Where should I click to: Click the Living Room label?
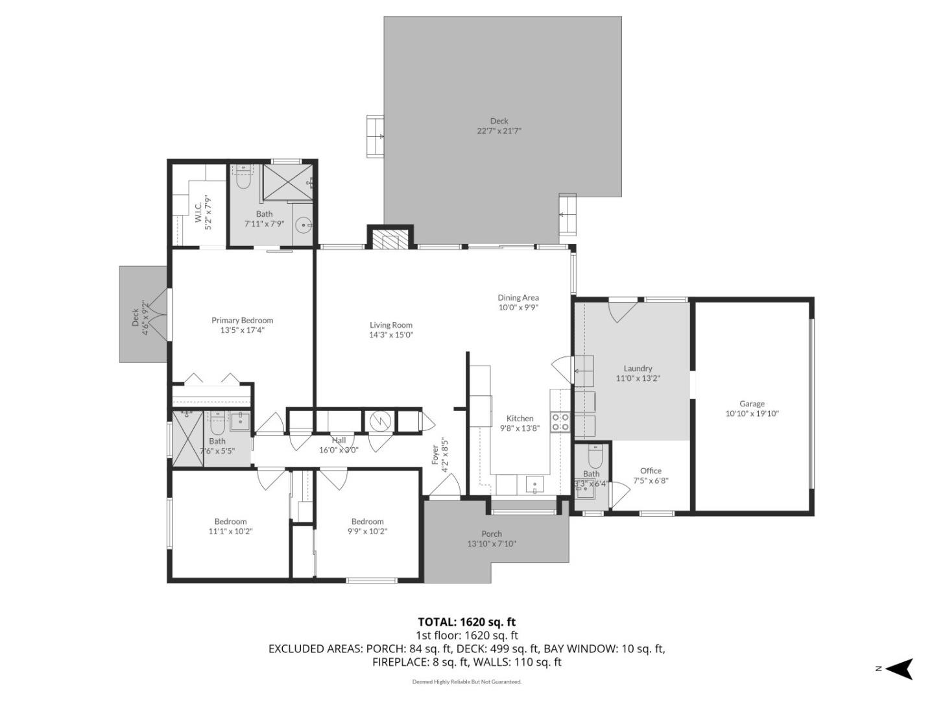coord(391,325)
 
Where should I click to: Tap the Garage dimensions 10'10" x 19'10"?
coord(752,413)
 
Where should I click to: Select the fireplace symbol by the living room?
coord(390,240)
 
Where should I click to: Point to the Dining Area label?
coord(518,298)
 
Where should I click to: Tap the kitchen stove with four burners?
coord(560,422)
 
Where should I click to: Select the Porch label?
coord(492,534)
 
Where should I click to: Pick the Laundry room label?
coord(638,368)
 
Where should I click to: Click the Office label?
coord(651,471)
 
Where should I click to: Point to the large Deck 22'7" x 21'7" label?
coord(499,121)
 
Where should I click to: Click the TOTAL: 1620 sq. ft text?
coord(466,622)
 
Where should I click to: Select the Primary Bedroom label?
coord(242,320)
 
